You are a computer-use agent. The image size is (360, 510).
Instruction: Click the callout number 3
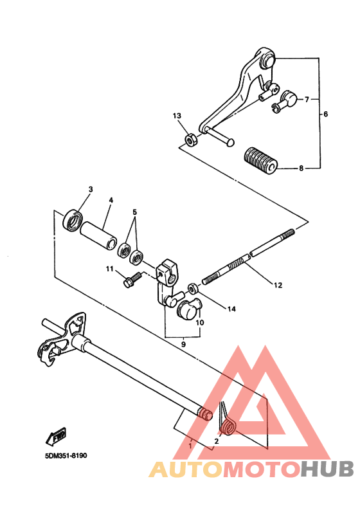tap(91, 189)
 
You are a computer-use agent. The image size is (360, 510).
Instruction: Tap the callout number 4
tap(111, 200)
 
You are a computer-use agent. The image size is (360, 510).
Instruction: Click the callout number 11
tap(110, 269)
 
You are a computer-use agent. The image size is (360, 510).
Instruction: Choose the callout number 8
tap(301, 169)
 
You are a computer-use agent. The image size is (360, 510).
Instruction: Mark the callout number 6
tap(325, 114)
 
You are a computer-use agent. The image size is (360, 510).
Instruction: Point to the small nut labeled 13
tap(190, 140)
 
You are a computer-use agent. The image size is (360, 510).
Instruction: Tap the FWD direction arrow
tap(55, 438)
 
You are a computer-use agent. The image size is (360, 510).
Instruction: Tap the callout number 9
tap(183, 345)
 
